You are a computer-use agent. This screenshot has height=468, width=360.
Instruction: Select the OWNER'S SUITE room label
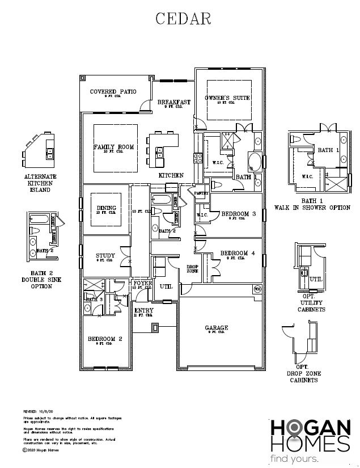coord(227,98)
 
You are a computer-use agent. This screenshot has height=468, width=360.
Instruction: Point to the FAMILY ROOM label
coord(113,147)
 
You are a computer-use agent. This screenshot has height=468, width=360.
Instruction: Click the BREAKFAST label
coord(173,102)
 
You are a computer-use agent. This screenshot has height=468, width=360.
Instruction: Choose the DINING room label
coord(107,208)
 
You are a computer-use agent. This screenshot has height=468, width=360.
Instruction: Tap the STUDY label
coord(105,256)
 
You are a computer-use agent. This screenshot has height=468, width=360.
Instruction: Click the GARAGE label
coord(217,328)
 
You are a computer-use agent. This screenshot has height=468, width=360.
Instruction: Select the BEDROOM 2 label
coord(105,339)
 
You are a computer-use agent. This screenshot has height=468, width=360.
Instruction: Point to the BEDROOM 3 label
coord(238,214)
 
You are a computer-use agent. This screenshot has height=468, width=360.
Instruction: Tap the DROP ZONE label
coord(193,269)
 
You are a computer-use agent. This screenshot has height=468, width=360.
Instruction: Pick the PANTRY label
coord(201,193)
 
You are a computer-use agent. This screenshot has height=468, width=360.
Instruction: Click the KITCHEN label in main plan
coord(171,176)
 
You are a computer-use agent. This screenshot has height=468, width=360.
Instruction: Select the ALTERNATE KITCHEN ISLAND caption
coord(40,183)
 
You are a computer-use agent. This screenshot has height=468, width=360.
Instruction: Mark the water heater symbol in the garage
coord(256,289)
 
